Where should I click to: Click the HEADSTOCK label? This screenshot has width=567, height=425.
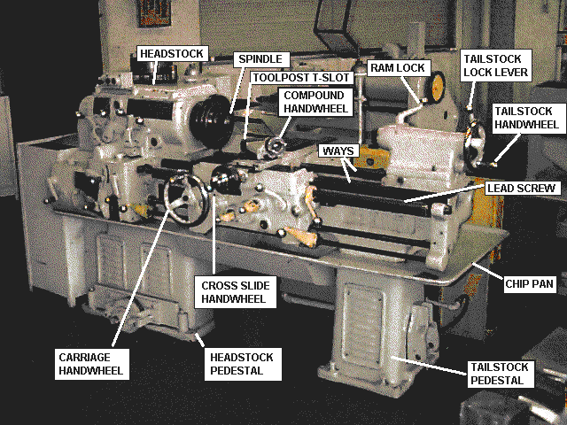coord(173,53)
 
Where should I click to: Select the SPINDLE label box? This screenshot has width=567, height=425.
coord(261,59)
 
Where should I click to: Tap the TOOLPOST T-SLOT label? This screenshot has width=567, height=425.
coord(301,77)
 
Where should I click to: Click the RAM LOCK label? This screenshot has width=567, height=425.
coord(399,68)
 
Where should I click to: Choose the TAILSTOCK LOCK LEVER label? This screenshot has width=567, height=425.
coord(496,66)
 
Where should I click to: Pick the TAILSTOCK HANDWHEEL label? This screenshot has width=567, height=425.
coord(526,118)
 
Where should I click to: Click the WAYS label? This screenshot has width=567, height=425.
coord(338,151)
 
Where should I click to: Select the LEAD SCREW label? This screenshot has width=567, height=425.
coord(522,188)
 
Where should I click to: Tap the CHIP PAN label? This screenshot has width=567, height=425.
coord(530,283)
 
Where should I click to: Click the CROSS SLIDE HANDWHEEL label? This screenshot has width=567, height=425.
coord(236,292)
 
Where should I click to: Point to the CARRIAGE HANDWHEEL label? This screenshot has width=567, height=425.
coord(92,364)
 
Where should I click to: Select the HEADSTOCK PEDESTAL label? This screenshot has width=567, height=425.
coord(242,364)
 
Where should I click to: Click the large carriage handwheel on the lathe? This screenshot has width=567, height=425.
coord(186,199)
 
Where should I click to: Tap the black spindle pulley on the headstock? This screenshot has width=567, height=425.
coord(212,120)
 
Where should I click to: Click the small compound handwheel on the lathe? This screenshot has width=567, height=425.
coord(276,146)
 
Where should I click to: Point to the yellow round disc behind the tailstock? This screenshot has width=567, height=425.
coord(438,87)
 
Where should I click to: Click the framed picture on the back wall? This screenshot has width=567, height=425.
coord(154,13)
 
